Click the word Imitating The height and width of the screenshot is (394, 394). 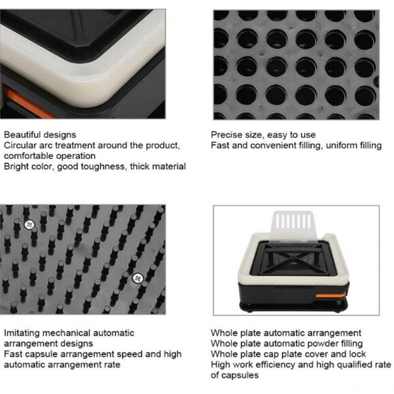22,333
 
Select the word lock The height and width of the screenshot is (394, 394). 357,354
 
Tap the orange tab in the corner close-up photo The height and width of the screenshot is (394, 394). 28,103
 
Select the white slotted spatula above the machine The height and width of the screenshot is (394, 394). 293,226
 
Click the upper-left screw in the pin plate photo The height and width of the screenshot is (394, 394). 29,225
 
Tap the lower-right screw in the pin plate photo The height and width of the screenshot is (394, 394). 137,278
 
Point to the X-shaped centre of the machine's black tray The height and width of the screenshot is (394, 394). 294,259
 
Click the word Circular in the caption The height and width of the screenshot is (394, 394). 20,145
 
